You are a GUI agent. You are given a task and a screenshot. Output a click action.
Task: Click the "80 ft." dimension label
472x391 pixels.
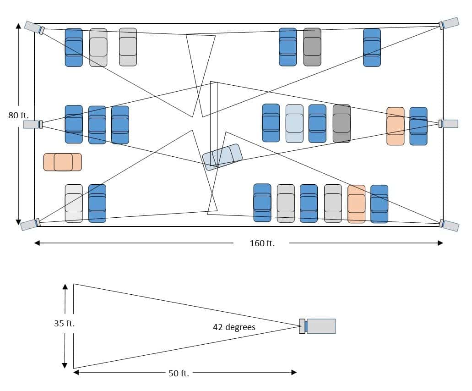click(18, 115)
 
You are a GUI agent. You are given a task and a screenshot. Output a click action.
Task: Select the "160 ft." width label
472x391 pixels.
click(262, 243)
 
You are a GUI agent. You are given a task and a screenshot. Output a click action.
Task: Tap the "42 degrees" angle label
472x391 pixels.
click(234, 327)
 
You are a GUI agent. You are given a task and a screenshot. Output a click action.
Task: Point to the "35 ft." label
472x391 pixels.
click(64, 323)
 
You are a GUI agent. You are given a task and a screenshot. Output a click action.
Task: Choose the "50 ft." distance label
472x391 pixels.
click(179, 374)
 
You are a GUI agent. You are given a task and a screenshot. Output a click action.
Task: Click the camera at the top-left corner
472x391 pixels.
click(34, 28)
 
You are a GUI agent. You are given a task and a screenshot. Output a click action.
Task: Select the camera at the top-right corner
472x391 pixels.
click(449, 23)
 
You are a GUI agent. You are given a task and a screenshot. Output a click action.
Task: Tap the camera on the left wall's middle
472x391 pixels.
click(33, 124)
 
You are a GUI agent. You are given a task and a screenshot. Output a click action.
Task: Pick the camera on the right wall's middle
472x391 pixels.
click(448, 124)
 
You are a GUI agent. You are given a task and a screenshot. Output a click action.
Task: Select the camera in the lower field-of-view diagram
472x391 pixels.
click(317, 326)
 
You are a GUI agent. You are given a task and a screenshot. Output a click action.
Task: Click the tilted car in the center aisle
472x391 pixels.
click(222, 157)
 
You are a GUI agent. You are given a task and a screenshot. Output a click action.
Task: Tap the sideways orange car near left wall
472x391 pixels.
click(63, 162)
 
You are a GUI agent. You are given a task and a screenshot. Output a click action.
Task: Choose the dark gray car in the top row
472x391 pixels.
click(312, 47)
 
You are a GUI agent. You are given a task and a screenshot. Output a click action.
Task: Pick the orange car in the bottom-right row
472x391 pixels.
click(356, 204)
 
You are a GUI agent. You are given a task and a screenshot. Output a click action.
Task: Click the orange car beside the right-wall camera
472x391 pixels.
click(396, 126)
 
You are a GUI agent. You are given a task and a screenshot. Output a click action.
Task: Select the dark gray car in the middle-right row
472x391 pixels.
click(342, 123)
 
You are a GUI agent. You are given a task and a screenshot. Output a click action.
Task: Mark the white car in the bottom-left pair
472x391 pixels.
click(74, 204)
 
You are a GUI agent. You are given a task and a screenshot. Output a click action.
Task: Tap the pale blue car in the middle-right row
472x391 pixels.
click(294, 123)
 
